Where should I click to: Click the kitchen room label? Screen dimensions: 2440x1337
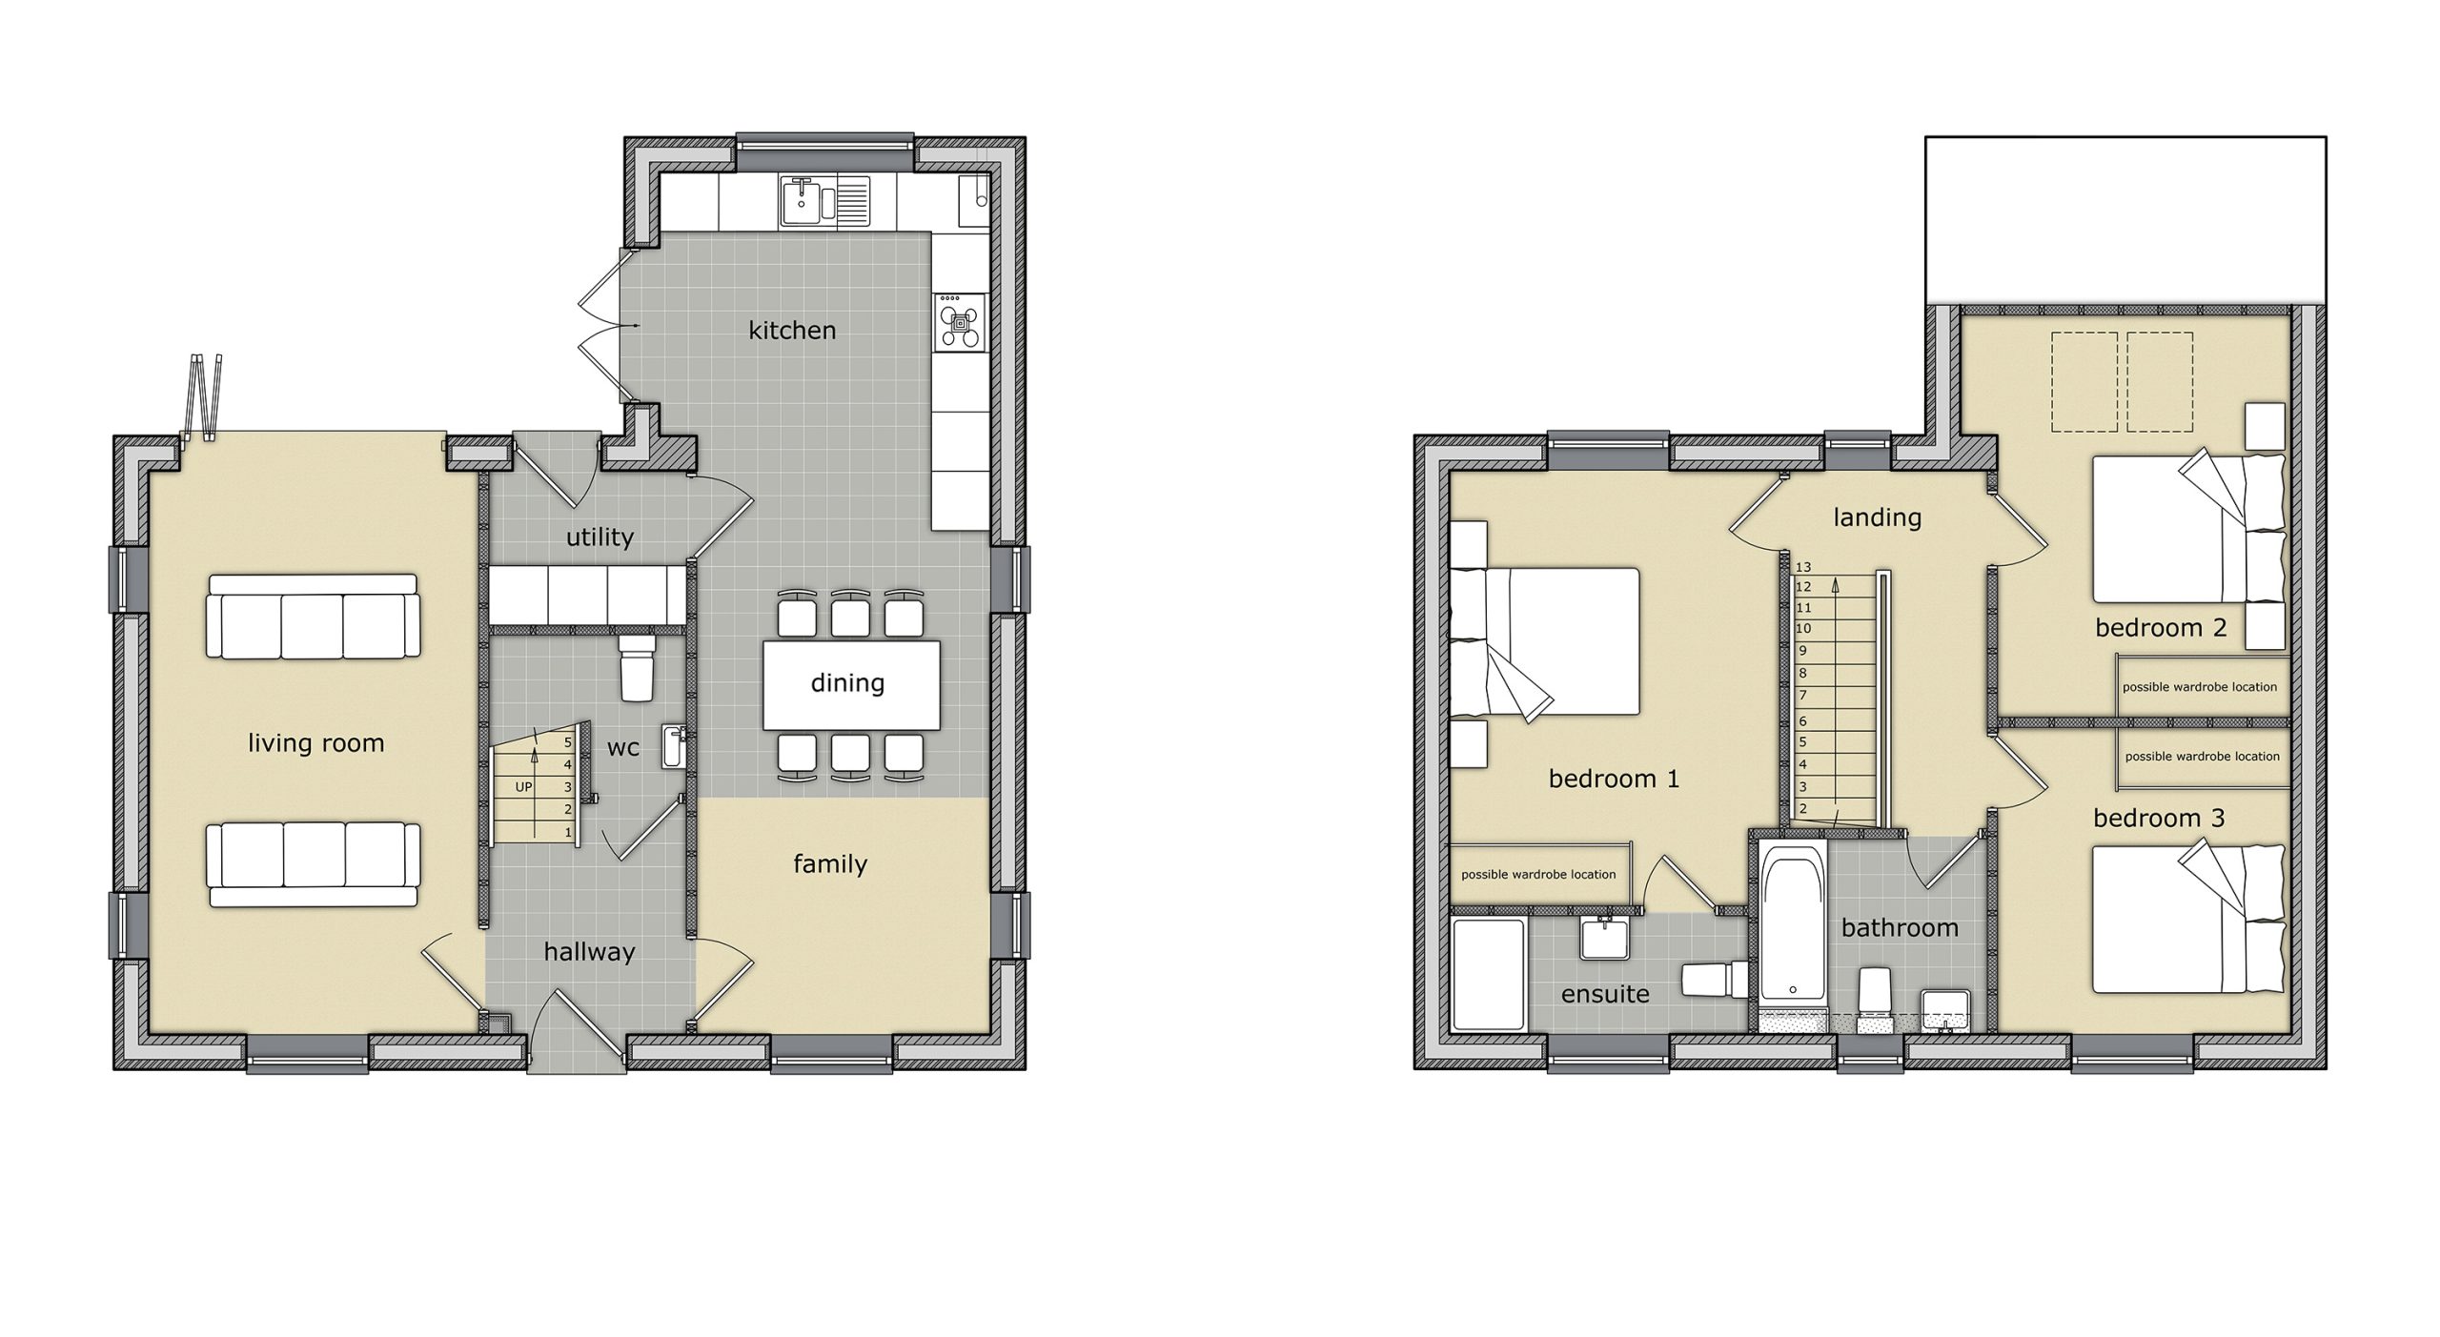point(792,331)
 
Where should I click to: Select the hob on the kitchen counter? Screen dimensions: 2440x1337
point(959,322)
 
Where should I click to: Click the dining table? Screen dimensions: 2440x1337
point(851,684)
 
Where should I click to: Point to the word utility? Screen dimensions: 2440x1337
point(600,537)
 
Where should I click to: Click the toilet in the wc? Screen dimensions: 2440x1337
point(635,666)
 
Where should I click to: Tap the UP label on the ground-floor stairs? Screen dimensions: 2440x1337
point(523,787)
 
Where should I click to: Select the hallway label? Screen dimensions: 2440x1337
point(589,951)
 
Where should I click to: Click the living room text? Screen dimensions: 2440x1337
point(315,743)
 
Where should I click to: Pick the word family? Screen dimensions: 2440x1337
point(830,864)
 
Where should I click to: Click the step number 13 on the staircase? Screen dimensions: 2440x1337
point(1802,567)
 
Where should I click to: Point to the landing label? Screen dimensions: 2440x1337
point(1877,517)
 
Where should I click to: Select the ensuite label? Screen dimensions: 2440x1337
point(1605,995)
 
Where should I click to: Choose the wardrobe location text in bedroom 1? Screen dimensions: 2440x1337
point(1538,874)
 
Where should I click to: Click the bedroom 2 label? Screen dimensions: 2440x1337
point(2161,628)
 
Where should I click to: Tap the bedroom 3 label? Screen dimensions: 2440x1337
point(2159,818)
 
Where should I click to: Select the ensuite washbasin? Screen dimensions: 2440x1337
point(1604,938)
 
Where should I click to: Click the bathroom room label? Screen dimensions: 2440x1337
point(1900,927)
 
